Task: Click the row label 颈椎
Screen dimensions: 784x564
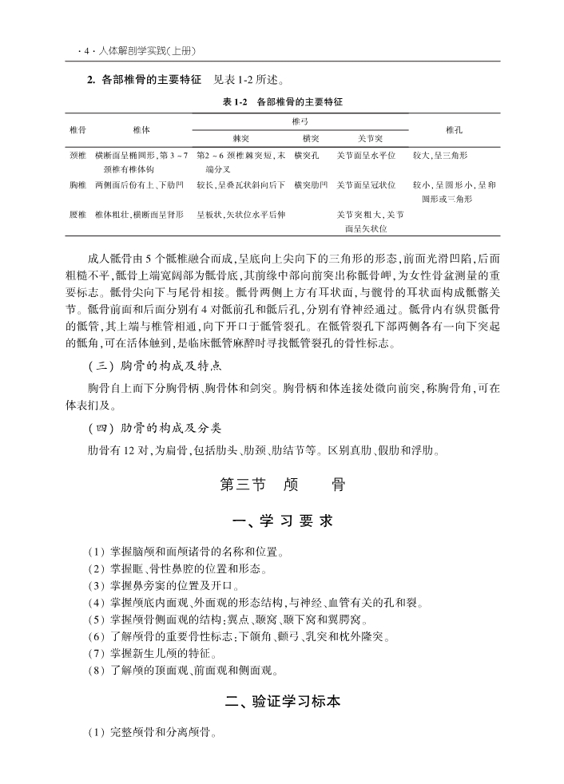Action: coord(78,155)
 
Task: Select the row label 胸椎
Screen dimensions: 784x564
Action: coord(78,184)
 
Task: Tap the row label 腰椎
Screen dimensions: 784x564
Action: coord(78,215)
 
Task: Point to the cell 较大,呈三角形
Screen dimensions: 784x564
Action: coord(440,155)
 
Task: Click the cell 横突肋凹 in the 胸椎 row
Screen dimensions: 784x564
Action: coord(311,184)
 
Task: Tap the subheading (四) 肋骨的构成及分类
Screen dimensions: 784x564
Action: coord(154,427)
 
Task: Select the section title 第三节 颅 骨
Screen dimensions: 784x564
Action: coord(282,485)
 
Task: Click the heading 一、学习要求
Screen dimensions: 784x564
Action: coord(282,521)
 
